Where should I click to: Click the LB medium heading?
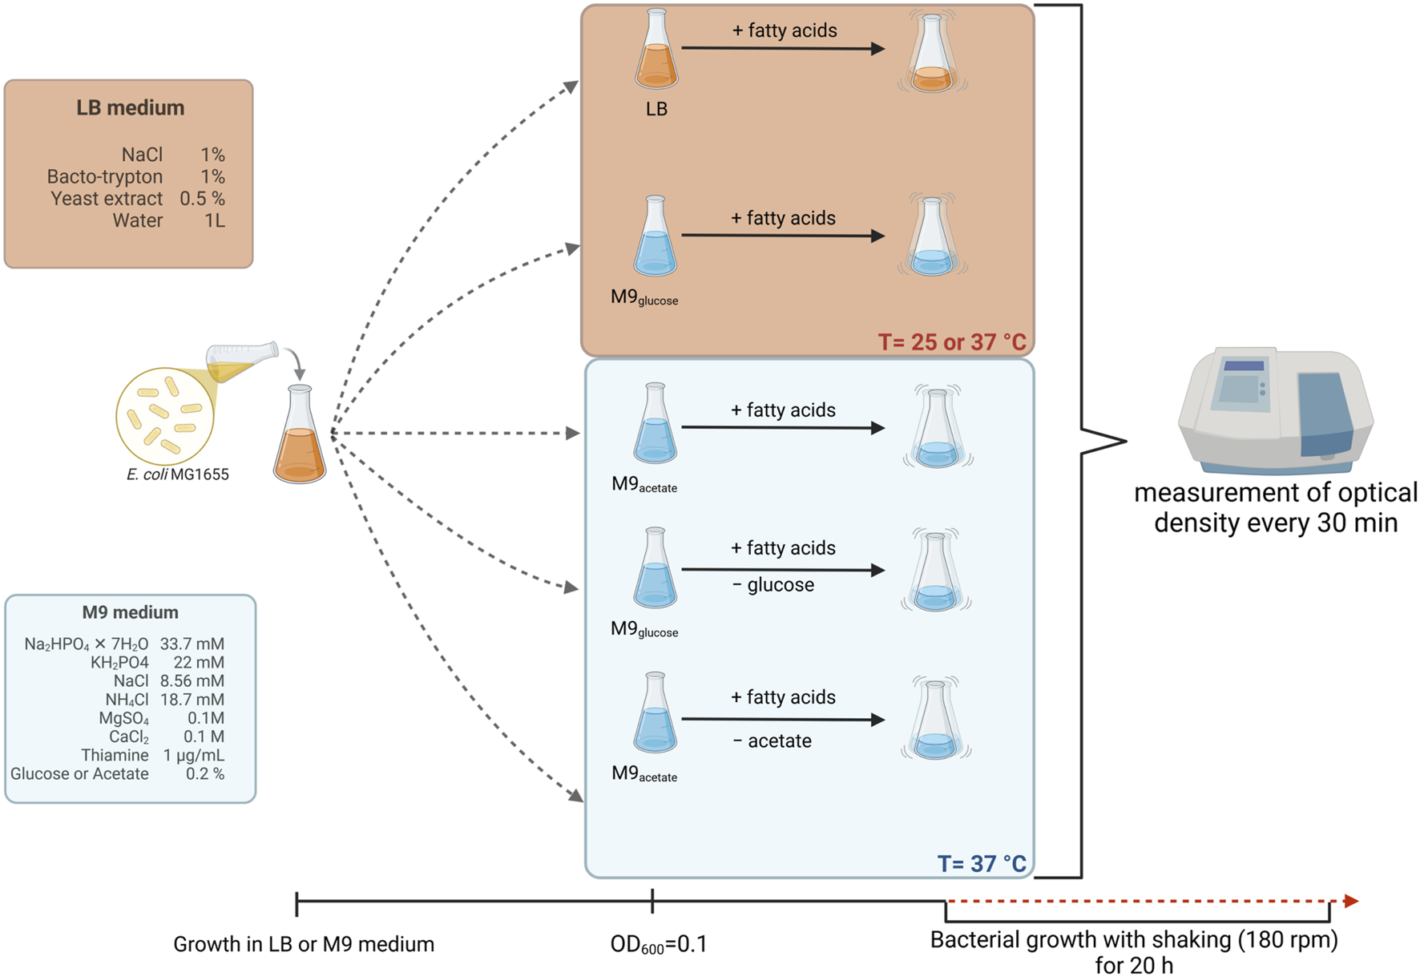[x=130, y=107]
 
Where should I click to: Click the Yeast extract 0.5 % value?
[x=202, y=199]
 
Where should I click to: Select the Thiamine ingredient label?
[x=115, y=755]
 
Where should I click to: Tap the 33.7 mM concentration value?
[x=192, y=644]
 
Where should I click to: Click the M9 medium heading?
[x=130, y=612]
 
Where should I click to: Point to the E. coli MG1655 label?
[x=177, y=474]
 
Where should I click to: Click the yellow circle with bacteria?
[x=164, y=416]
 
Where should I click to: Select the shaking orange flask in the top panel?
[x=932, y=56]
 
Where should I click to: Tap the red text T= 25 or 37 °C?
[x=951, y=342]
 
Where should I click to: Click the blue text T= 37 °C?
[x=981, y=863]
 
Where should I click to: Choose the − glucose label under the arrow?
[x=773, y=585]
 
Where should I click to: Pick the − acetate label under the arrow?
[x=773, y=741]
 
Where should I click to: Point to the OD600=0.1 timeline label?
[x=659, y=944]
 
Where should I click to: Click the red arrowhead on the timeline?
[x=1351, y=901]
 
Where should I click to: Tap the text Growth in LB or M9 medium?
[x=304, y=944]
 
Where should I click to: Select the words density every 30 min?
[x=1275, y=523]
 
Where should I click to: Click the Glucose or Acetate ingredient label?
[x=79, y=774]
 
